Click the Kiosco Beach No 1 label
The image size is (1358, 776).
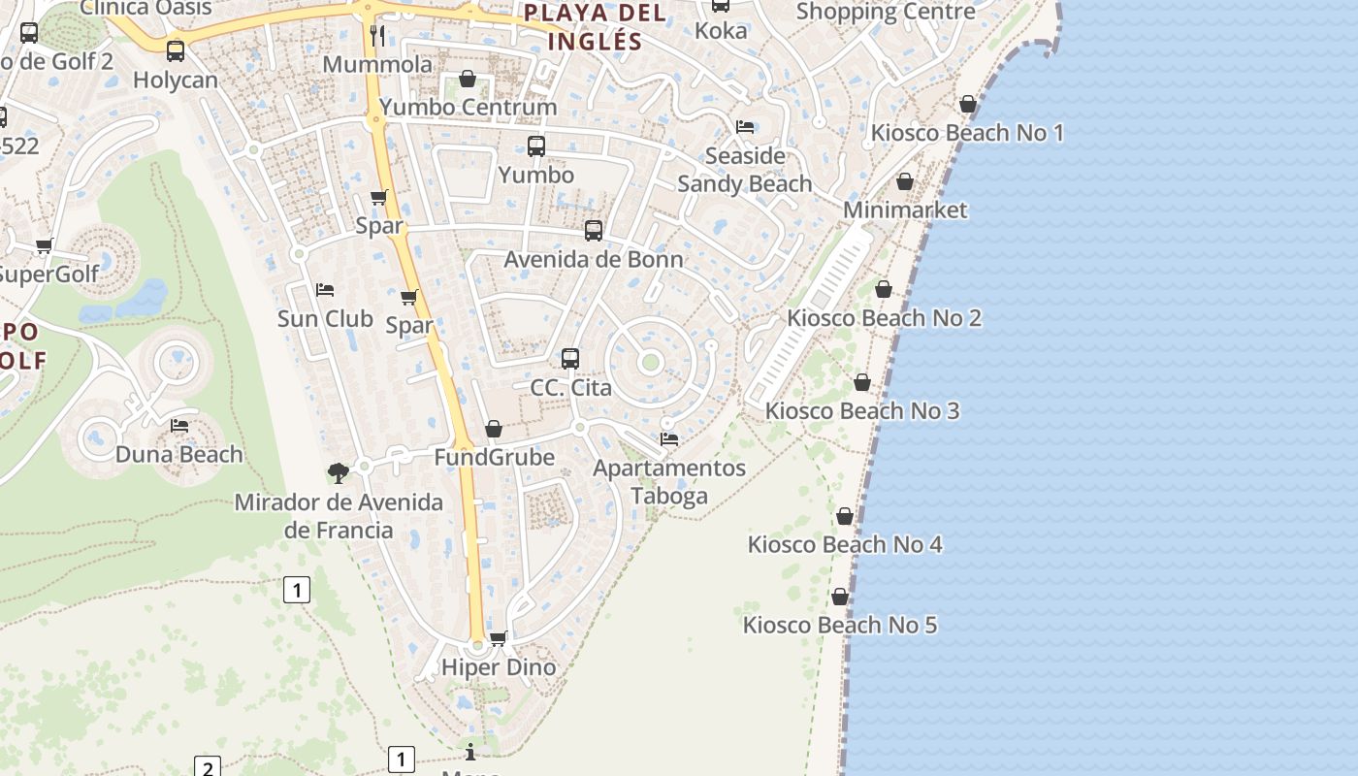click(967, 133)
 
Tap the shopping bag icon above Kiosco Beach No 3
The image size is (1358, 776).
click(862, 383)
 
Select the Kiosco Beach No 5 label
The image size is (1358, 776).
click(840, 625)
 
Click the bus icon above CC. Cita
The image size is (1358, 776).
click(570, 359)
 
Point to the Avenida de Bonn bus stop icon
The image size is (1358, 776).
click(594, 231)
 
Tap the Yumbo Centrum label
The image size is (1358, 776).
click(469, 107)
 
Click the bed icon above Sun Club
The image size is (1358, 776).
click(325, 290)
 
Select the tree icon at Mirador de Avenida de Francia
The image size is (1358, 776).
click(339, 473)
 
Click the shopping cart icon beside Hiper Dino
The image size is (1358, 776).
click(499, 638)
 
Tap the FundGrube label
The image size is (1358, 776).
click(494, 457)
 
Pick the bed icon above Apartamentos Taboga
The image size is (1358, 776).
click(669, 439)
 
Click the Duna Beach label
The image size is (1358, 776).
click(179, 454)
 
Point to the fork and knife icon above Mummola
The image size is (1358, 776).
click(378, 36)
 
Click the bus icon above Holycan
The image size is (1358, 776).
click(176, 51)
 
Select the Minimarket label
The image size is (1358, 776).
click(905, 210)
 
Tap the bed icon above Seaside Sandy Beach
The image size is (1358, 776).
click(745, 127)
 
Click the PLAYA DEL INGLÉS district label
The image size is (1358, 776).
click(595, 27)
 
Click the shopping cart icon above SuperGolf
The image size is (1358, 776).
click(44, 246)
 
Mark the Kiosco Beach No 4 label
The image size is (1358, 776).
click(844, 544)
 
